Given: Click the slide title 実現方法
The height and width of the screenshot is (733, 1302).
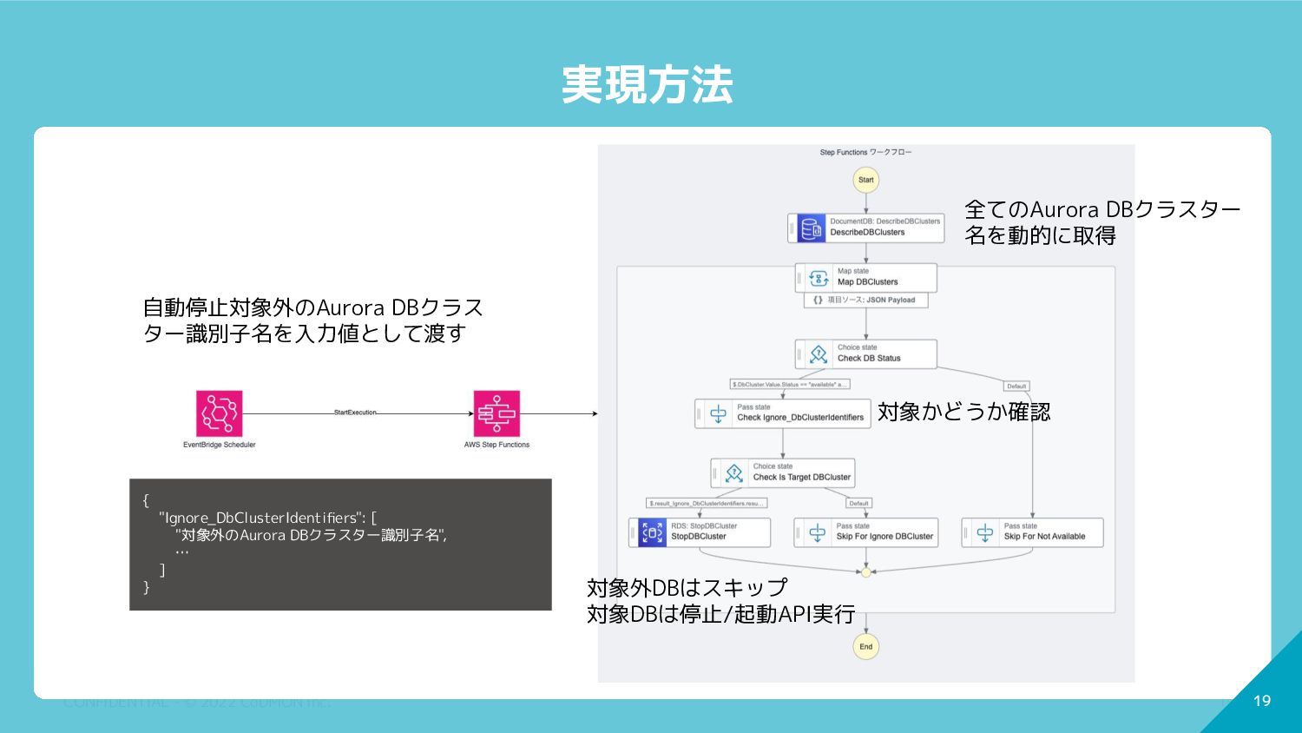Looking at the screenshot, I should (647, 85).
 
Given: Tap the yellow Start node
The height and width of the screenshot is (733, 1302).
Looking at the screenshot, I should (865, 180).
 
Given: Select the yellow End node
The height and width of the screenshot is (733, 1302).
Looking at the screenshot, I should (865, 646).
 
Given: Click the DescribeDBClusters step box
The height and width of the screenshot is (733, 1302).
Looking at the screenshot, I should (866, 228).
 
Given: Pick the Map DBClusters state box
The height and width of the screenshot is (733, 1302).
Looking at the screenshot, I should (866, 277).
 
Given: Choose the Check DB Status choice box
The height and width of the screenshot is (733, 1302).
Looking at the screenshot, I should (866, 353).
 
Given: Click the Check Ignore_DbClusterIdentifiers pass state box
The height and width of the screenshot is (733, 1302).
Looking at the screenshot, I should (783, 413).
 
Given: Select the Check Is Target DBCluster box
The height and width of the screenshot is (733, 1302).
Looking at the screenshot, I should (783, 472).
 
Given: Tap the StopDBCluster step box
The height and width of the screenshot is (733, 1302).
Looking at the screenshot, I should (700, 532).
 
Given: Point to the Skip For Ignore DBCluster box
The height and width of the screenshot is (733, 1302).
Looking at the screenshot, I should (866, 532).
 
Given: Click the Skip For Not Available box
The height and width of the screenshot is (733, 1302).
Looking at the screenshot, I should (1033, 532).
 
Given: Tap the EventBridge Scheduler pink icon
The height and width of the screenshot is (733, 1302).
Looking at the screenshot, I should (219, 413).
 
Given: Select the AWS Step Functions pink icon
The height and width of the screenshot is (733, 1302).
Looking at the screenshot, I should (496, 413).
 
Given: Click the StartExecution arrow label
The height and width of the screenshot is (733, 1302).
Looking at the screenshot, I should (355, 413).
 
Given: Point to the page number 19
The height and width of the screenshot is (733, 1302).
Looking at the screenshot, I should (1262, 701).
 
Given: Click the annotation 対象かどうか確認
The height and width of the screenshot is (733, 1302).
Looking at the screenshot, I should (963, 412).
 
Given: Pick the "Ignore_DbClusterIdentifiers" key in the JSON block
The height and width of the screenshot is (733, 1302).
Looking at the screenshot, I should (259, 518).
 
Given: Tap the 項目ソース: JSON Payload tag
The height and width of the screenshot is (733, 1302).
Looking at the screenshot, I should (865, 300).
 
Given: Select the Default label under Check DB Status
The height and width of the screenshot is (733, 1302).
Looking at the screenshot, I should (1016, 386).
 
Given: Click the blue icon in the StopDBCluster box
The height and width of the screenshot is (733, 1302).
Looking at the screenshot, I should (652, 532).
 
